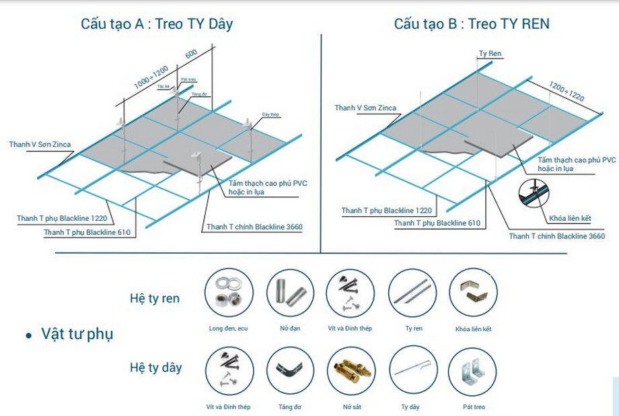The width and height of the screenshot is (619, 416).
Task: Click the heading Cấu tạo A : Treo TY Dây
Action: (x=156, y=24)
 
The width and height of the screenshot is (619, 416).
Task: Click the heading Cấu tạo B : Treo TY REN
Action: (x=471, y=24)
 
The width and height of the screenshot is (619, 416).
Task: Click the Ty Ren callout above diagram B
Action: (x=490, y=53)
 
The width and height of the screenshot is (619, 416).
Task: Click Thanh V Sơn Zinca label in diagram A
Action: (x=40, y=144)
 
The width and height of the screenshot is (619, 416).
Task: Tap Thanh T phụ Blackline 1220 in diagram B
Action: (x=386, y=211)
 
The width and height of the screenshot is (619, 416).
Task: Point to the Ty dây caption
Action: (x=410, y=407)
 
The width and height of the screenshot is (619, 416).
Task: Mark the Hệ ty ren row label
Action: (x=155, y=298)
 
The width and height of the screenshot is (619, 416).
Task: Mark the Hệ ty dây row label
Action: (x=155, y=368)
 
